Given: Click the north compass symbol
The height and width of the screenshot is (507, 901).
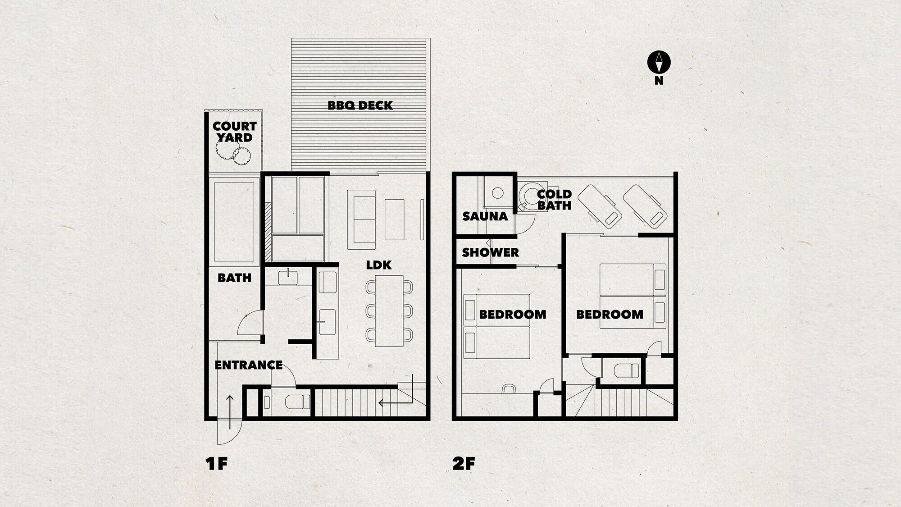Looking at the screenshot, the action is click(659, 63).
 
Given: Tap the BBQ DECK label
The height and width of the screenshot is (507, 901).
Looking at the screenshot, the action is click(360, 105).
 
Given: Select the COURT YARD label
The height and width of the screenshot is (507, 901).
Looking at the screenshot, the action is click(234, 132).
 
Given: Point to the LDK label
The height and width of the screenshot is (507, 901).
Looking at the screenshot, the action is click(378, 265).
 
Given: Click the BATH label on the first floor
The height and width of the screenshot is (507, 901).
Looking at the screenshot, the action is click(234, 278).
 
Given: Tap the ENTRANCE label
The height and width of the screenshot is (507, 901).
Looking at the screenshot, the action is click(248, 365).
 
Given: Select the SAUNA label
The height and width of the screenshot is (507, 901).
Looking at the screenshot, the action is click(485, 216).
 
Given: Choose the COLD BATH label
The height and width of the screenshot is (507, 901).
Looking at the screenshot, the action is click(554, 200).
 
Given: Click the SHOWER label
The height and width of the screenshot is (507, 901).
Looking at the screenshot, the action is click(490, 252).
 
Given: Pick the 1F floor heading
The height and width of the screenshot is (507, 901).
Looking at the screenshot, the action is click(217, 464).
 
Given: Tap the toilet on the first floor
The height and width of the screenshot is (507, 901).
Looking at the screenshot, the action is click(293, 402).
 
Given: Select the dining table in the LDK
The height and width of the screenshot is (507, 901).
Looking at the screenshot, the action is click(389, 311).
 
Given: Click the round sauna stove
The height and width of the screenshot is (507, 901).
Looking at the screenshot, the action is click(497, 193).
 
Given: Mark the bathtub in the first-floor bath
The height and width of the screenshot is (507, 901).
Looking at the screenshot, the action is click(234, 222).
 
